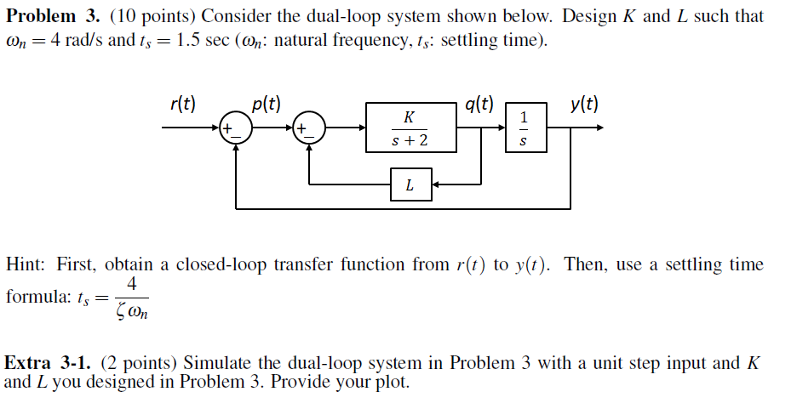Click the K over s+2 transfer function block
click(410, 128)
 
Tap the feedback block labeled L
click(410, 184)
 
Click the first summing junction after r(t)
click(235, 128)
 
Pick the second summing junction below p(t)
click(309, 128)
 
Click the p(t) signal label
click(267, 105)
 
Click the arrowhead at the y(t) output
click(600, 128)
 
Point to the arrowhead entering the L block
click(434, 184)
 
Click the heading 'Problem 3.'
click(54, 16)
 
